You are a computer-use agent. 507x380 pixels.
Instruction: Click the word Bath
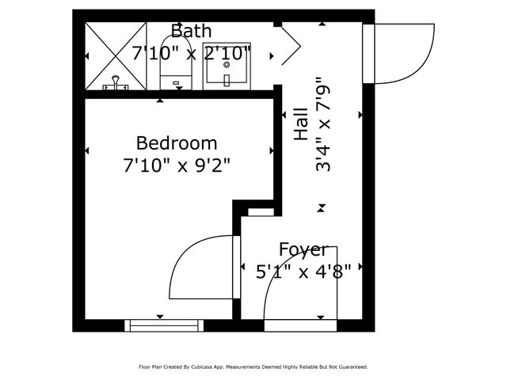click(192, 32)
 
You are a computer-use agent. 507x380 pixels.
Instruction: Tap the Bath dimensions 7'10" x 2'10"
click(192, 54)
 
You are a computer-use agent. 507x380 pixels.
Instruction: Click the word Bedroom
click(177, 143)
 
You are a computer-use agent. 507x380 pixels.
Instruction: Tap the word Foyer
click(303, 251)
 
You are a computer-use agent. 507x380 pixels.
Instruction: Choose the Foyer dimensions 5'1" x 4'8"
click(303, 272)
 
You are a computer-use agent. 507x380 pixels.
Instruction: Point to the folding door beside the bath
click(288, 47)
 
